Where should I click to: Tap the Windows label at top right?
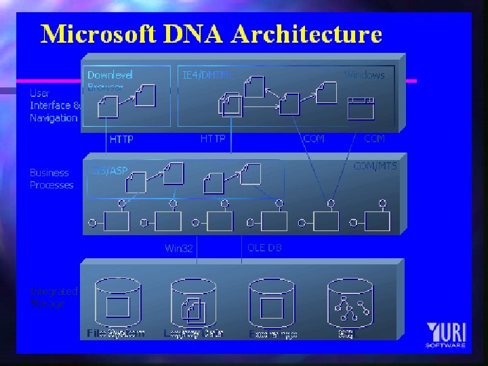364,75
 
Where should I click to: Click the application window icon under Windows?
361,108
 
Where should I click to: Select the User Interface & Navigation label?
54,105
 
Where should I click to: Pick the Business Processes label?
52,179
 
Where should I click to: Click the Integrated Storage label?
54,298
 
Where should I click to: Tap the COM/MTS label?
375,165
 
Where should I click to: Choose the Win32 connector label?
179,249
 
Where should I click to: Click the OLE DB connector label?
264,247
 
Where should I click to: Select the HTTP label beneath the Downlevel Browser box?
121,140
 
